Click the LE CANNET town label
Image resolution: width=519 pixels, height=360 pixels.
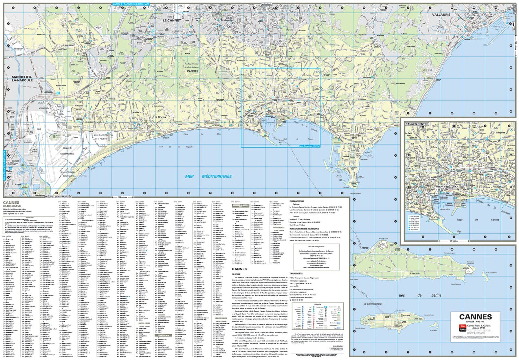tap(172, 20)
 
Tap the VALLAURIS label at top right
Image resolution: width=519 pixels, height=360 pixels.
tap(441, 15)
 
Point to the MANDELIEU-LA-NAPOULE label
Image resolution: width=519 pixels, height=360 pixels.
tap(22, 79)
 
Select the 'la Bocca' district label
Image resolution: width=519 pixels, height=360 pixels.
tap(160, 117)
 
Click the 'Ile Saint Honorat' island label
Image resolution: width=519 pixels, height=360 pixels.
tap(373, 304)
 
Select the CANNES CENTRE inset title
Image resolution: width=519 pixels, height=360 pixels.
tap(417, 124)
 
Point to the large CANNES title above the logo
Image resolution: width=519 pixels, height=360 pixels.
tap(475, 317)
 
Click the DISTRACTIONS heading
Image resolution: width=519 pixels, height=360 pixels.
tap(297, 201)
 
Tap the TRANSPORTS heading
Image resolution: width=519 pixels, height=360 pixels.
tap(296, 274)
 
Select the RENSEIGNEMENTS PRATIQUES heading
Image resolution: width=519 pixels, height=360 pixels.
tap(304, 229)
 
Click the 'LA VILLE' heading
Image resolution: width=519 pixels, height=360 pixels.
tap(236, 274)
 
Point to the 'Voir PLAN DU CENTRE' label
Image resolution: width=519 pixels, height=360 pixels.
tap(310, 146)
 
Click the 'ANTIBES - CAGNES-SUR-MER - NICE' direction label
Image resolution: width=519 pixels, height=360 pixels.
tap(131, 4)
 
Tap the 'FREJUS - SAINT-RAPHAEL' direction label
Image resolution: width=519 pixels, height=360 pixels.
tap(61, 196)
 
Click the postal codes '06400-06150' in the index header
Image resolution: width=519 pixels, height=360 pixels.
tap(12, 206)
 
